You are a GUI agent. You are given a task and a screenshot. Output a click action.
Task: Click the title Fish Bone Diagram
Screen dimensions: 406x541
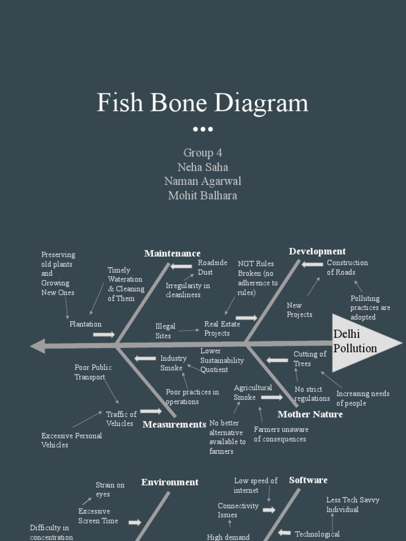coord(202,102)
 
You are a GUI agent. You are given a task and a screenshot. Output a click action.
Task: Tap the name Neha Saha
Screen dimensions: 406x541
coord(203,167)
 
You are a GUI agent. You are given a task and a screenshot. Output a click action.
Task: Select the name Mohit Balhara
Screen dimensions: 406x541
coord(202,195)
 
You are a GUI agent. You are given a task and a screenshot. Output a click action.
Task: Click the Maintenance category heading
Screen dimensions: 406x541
coord(172,254)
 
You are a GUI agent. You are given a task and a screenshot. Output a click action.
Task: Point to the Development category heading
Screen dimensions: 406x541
coord(317,251)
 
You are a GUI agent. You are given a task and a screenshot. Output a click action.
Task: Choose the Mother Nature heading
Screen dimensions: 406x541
coord(310,414)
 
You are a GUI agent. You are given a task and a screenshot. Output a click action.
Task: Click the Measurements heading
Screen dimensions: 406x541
coord(174,424)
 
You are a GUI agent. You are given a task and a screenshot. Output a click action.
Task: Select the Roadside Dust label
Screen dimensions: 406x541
coord(212,267)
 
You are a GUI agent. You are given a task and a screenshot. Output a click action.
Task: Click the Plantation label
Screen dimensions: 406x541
coord(85,324)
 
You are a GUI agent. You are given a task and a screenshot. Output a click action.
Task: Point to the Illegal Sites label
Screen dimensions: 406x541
coord(165,331)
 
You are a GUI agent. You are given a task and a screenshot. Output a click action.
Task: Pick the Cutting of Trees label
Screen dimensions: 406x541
coord(310,359)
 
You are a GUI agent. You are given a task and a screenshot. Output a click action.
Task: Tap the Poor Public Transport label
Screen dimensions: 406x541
coord(93,372)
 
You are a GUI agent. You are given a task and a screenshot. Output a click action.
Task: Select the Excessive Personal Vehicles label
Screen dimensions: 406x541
coord(71,440)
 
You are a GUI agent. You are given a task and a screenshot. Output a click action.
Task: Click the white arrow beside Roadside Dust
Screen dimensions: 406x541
coord(181,266)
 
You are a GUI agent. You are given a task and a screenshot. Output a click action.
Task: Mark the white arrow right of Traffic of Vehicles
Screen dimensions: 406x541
coord(151,411)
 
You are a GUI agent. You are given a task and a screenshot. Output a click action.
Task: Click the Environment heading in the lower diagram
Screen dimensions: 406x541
coord(170,482)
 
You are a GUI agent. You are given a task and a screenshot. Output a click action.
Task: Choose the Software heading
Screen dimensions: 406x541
coord(308,480)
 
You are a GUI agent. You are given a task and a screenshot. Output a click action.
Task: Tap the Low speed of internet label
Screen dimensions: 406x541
coord(255,486)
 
